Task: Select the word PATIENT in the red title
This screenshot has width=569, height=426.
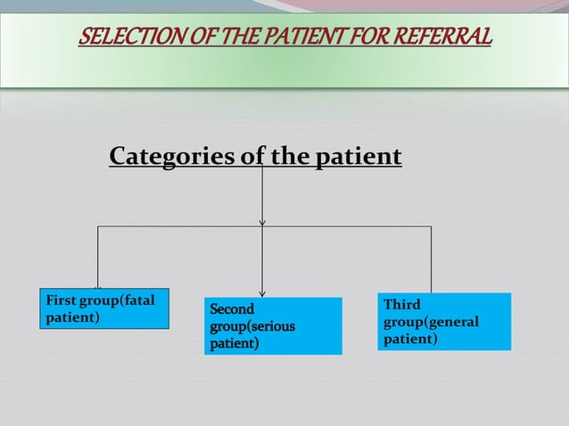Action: [x=307, y=38]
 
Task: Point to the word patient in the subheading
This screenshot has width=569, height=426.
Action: [x=358, y=157]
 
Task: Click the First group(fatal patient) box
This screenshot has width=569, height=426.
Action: [x=104, y=309]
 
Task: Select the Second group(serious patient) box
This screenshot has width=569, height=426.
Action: [x=273, y=326]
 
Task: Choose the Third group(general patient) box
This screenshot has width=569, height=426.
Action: [x=444, y=322]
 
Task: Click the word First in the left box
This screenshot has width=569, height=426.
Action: [x=61, y=300]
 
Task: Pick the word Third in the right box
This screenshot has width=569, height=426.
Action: [x=402, y=305]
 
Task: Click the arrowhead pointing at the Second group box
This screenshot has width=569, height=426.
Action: [x=262, y=291]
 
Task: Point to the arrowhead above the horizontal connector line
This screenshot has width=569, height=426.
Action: [x=262, y=222]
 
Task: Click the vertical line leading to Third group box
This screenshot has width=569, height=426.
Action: [x=431, y=258]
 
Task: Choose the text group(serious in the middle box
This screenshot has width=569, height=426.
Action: [x=252, y=327]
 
